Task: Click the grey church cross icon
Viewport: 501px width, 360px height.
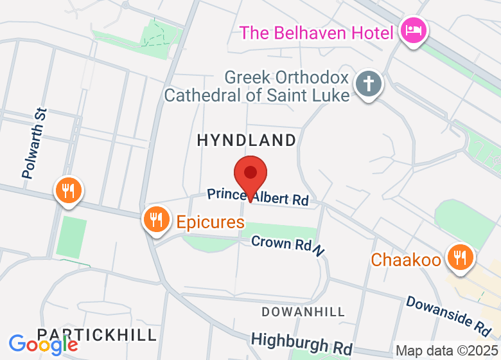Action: (369, 84)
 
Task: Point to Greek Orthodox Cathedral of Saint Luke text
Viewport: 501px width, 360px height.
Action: (257, 87)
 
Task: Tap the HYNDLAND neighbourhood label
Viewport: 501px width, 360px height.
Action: (247, 140)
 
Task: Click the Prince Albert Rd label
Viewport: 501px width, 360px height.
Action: (258, 197)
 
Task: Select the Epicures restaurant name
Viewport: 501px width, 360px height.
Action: (211, 223)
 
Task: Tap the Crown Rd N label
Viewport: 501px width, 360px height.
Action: (287, 245)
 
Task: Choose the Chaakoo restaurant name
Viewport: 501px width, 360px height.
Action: (406, 260)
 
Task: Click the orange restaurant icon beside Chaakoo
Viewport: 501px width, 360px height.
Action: (459, 256)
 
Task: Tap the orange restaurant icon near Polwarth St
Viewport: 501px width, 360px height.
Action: (67, 190)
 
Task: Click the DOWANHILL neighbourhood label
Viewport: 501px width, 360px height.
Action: (304, 312)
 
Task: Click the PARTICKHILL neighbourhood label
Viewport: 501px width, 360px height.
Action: (96, 335)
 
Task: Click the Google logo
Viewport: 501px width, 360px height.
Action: (44, 344)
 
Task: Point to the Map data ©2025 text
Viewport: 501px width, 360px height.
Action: (447, 351)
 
